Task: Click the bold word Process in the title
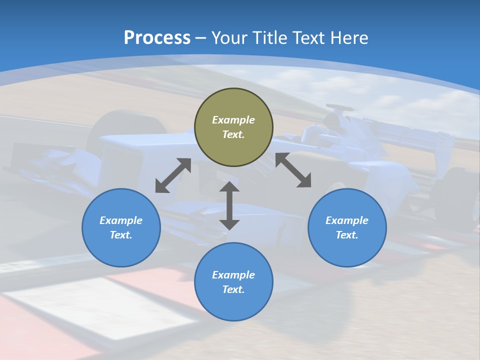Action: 157,38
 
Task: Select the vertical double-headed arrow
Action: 229,205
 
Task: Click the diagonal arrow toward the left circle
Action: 173,175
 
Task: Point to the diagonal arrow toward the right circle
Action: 293,170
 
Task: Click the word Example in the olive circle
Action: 233,120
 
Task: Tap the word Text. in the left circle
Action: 121,235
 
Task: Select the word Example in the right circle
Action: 347,220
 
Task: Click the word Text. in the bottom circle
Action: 233,289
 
